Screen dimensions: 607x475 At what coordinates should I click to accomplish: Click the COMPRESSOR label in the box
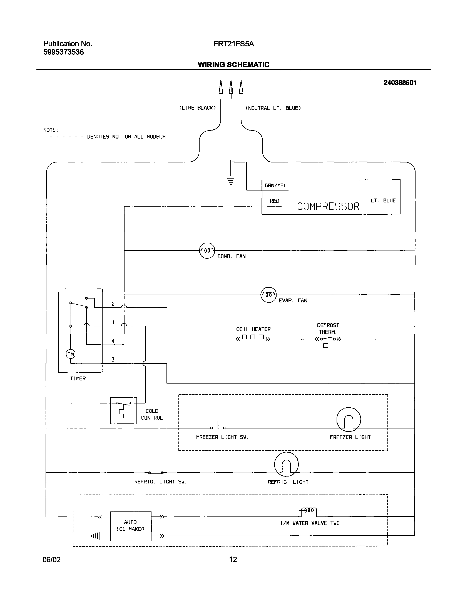point(328,207)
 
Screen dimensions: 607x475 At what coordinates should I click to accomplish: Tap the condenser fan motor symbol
point(207,250)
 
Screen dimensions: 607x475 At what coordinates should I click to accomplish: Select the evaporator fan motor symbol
point(268,295)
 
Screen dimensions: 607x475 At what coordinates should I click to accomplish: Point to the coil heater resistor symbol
point(253,338)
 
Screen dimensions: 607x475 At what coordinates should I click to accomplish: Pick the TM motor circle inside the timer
point(71,354)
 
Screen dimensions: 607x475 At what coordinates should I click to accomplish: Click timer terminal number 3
point(113,360)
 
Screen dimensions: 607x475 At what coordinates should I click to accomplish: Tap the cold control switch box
point(123,410)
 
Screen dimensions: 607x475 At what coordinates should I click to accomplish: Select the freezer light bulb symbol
point(348,420)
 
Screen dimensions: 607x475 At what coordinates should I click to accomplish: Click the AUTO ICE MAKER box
point(131,526)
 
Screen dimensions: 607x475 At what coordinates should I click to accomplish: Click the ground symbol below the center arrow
point(231,180)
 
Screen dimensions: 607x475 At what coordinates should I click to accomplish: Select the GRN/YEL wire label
point(275,186)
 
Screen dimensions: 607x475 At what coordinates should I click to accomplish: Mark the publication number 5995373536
point(63,52)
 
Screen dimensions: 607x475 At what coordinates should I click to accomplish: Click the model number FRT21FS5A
point(234,44)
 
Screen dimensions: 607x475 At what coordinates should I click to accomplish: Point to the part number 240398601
point(400,82)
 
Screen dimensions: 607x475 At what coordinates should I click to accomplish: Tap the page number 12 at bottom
point(233,559)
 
